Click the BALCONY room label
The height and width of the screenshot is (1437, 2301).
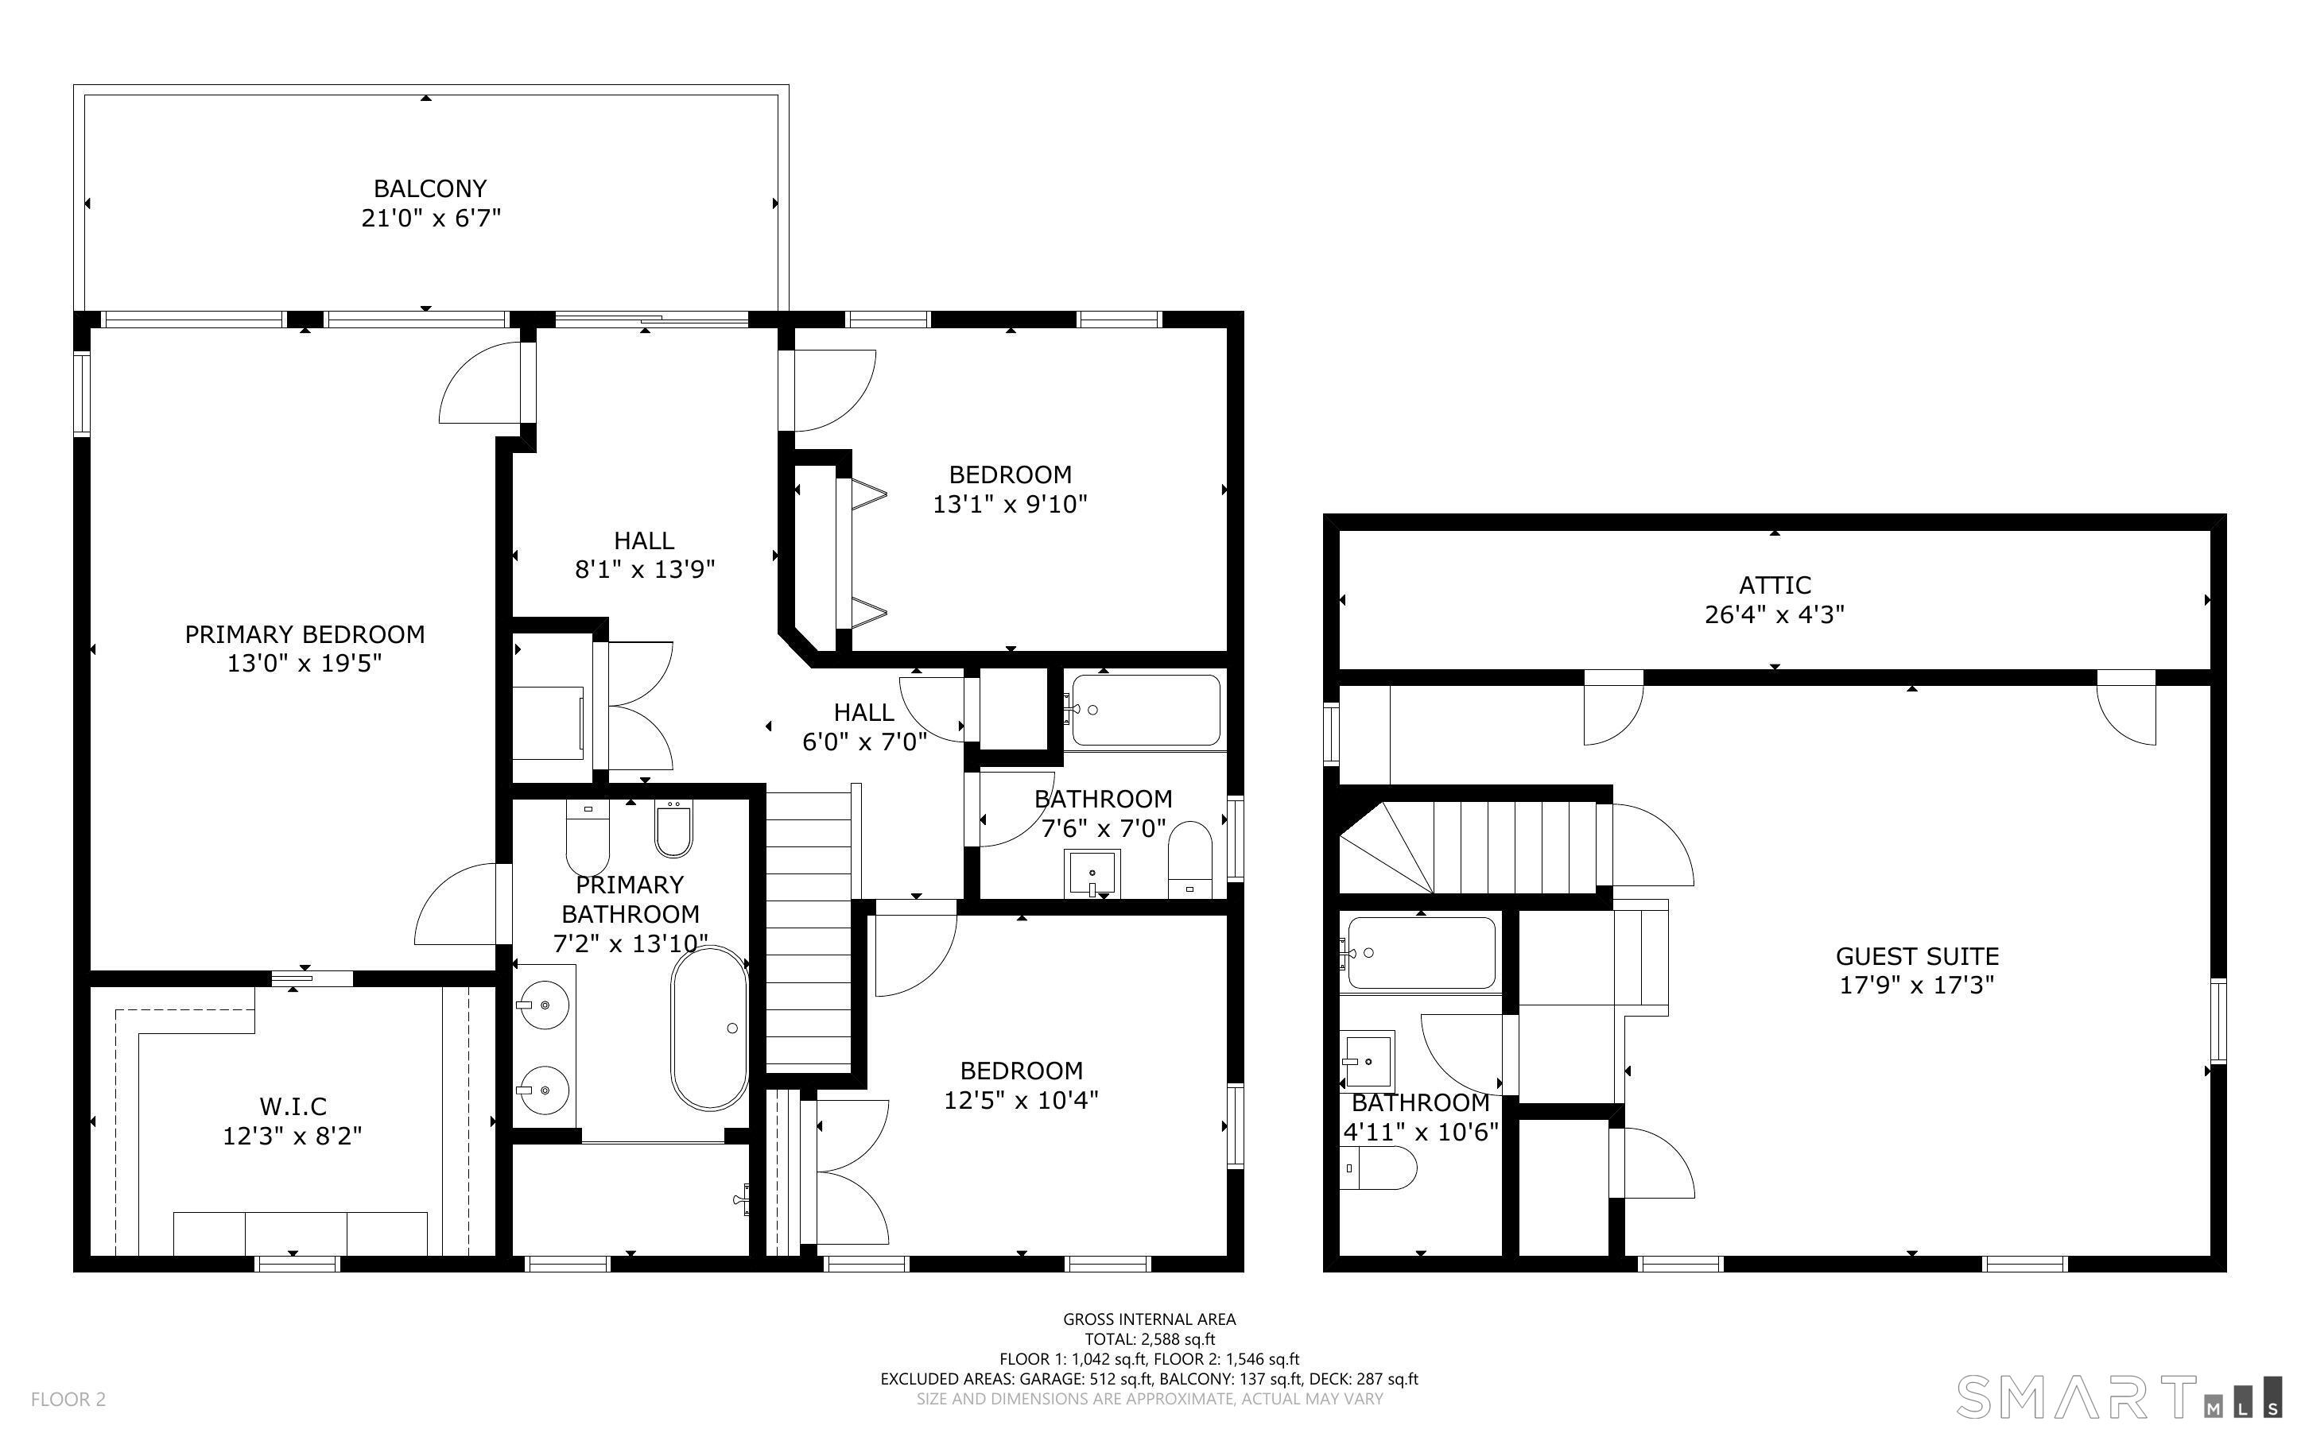(x=429, y=188)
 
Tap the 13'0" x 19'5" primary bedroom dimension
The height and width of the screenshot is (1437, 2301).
(x=305, y=662)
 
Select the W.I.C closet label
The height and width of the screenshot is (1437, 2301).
(x=293, y=1106)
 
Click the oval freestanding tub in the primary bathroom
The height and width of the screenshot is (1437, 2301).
(x=709, y=1028)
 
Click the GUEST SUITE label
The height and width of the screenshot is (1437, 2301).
(x=1916, y=956)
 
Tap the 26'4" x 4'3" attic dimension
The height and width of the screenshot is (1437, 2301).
(x=1775, y=614)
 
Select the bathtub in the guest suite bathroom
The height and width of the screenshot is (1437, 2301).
(x=1421, y=953)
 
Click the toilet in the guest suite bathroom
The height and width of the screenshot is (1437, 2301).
(x=1378, y=1168)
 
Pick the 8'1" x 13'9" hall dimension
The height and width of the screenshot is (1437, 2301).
(x=644, y=569)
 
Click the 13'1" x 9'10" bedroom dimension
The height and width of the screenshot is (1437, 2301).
(x=1009, y=504)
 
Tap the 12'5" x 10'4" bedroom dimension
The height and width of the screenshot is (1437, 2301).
(x=1021, y=1100)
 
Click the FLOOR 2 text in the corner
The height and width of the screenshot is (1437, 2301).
(x=68, y=1399)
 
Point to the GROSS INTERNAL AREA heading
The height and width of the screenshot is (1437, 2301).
(x=1149, y=1319)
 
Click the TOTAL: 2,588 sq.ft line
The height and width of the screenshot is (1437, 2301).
(x=1149, y=1339)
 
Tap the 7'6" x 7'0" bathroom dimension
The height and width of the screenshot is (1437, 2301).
(x=1104, y=829)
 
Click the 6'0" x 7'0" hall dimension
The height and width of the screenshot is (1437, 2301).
(x=864, y=742)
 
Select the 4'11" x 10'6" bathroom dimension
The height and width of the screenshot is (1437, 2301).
(x=1420, y=1132)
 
